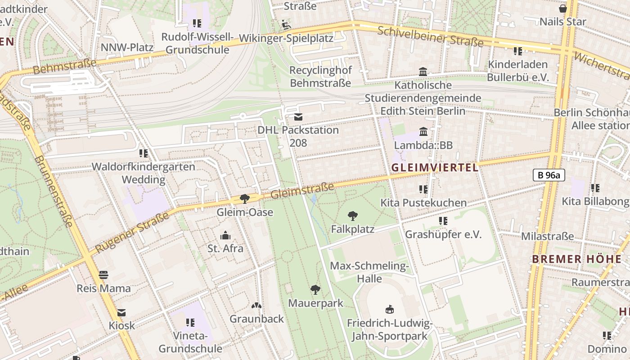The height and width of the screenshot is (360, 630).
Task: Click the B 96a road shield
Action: coord(549,175)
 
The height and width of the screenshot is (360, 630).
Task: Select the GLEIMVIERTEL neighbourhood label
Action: coord(434,168)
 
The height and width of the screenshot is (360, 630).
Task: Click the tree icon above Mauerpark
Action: coord(315,290)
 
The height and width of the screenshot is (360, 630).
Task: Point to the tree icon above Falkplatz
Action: coord(353,216)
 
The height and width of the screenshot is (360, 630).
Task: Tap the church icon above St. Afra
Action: coord(225,235)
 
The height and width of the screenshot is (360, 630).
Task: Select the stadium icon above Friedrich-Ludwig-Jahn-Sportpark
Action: coord(390,310)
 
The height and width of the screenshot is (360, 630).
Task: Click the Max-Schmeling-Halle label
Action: coord(369,272)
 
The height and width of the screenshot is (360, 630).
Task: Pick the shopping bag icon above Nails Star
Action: coord(562,9)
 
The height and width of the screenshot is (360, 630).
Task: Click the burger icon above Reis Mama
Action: coord(103,275)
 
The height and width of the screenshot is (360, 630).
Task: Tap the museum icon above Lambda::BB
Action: coord(423,132)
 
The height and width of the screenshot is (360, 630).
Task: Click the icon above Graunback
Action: coord(256,306)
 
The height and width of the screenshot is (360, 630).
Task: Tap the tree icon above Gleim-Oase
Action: coord(244,198)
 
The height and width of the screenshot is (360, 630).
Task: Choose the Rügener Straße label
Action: coord(133,231)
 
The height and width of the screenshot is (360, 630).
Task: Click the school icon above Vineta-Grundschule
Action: coord(190,322)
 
